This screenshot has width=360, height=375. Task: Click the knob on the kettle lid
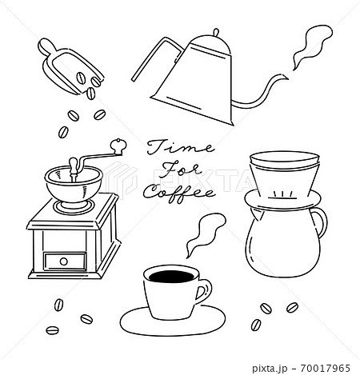216,33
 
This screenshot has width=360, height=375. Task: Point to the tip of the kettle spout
288,78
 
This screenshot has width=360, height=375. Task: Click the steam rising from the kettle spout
311,46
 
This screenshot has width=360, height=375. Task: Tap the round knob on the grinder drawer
64,261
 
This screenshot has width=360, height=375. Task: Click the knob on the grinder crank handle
118,146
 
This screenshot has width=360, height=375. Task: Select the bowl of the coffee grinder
74,184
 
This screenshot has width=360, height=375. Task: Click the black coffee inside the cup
172,277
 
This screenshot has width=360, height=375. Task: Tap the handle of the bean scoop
48,47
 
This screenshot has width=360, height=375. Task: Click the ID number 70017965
325,369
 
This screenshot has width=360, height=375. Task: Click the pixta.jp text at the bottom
270,369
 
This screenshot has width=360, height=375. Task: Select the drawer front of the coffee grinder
65,261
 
